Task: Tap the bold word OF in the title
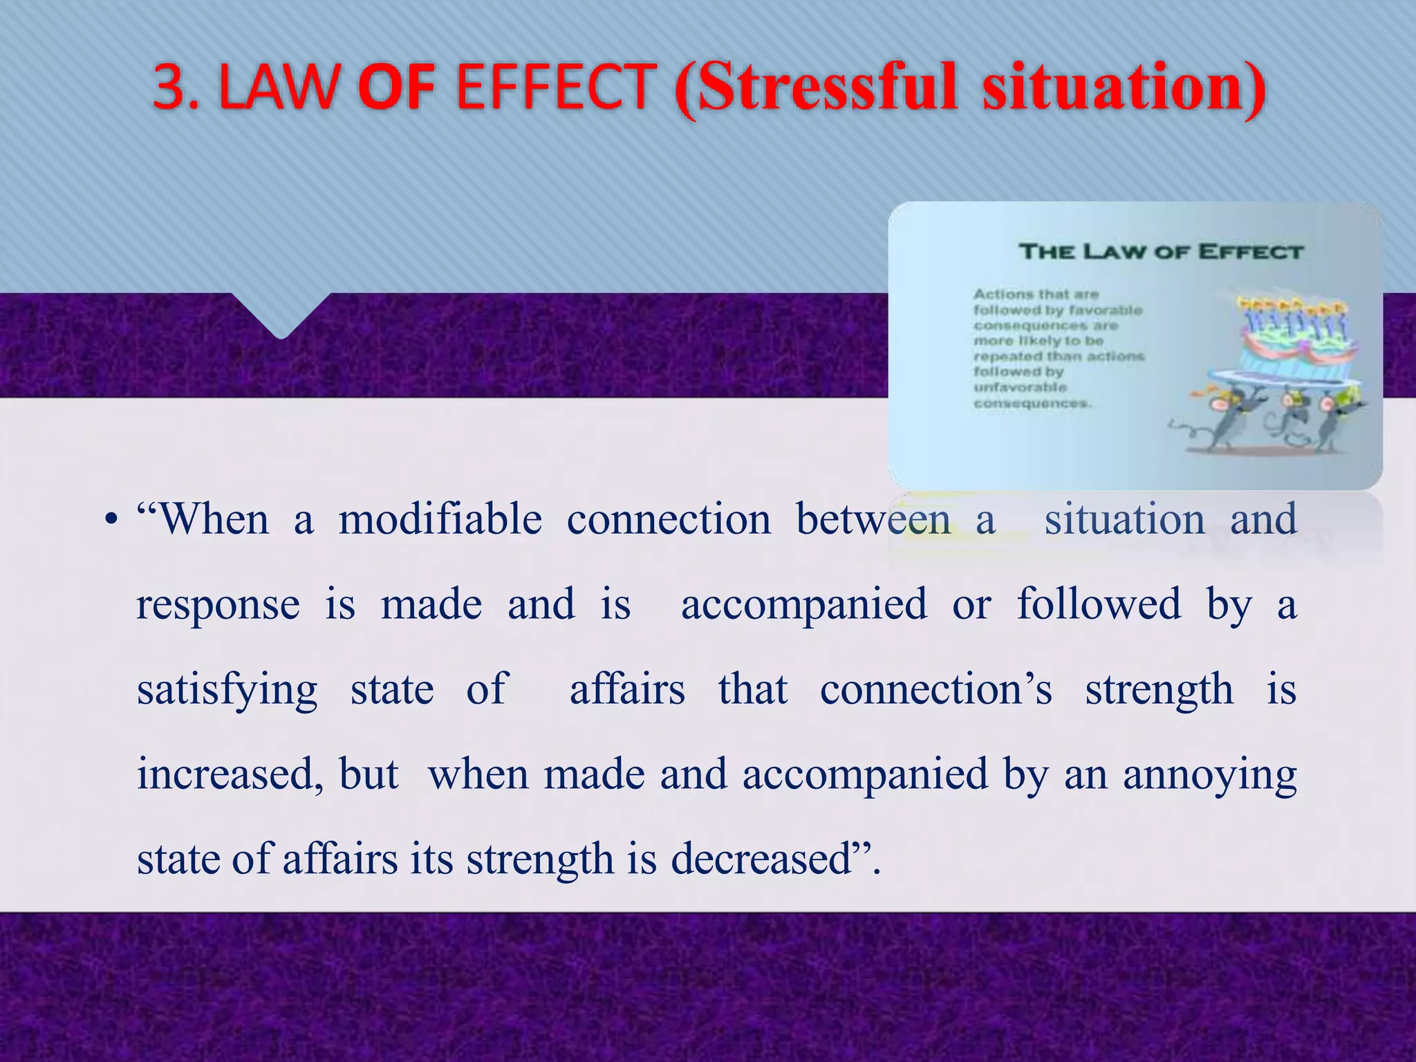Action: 391,88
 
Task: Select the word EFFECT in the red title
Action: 556,88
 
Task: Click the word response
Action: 218,605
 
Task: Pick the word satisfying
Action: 227,690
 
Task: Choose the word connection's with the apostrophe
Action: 936,689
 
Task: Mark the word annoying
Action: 1209,776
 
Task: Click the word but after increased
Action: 369,774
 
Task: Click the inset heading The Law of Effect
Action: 1161,251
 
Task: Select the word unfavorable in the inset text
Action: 1020,387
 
